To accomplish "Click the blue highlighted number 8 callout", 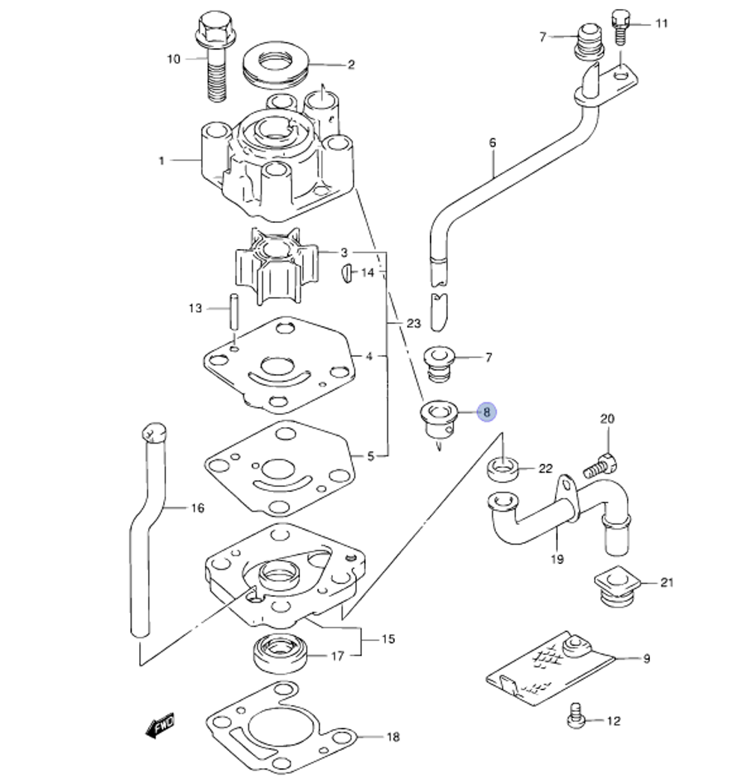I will (x=486, y=411).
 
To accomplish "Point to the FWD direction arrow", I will (x=159, y=724).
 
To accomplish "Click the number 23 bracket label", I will (x=414, y=323).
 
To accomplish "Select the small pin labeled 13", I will (x=233, y=310).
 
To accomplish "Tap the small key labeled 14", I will (x=348, y=273).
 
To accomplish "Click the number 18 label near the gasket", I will (x=393, y=737).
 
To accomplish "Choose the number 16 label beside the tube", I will (x=197, y=509).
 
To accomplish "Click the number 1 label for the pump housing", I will (x=161, y=160).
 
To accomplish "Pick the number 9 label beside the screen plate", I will (x=646, y=658).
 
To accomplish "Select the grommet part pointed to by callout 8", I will (x=438, y=419).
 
